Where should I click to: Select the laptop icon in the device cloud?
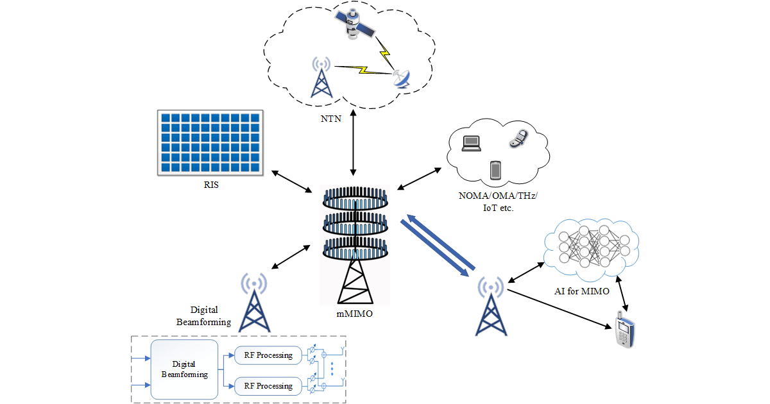(x=471, y=142)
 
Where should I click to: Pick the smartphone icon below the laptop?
(x=495, y=171)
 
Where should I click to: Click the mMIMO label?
(x=354, y=314)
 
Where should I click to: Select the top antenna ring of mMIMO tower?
(x=354, y=199)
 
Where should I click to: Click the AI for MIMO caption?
(x=581, y=291)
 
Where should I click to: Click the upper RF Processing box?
(x=268, y=355)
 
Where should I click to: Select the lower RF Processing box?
(x=268, y=386)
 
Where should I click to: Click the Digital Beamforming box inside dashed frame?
(x=184, y=369)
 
